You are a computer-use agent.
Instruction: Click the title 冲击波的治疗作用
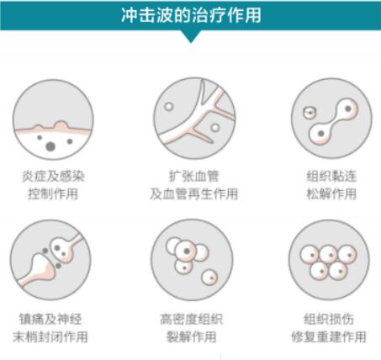191,15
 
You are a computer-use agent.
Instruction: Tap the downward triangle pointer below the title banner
191,36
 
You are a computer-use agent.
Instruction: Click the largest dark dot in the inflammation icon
50,146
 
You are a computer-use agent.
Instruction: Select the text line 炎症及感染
53,177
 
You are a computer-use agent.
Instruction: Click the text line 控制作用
53,193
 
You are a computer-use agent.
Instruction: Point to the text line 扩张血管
193,177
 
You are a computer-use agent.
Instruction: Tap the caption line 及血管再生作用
193,193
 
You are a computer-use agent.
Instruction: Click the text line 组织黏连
331,177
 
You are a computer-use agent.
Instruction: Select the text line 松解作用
331,193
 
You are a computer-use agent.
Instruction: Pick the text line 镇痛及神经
50,319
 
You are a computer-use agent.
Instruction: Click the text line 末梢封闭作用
50,336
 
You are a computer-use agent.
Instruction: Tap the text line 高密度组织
192,319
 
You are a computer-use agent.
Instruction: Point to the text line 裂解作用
192,336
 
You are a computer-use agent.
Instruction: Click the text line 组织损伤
329,319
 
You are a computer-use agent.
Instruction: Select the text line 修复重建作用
329,336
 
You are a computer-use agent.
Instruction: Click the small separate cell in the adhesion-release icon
310,113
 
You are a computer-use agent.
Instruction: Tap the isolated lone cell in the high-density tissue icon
209,278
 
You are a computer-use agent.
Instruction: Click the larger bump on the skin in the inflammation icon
61,125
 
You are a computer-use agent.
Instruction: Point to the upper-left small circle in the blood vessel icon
169,107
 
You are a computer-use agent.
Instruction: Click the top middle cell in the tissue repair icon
329,255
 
